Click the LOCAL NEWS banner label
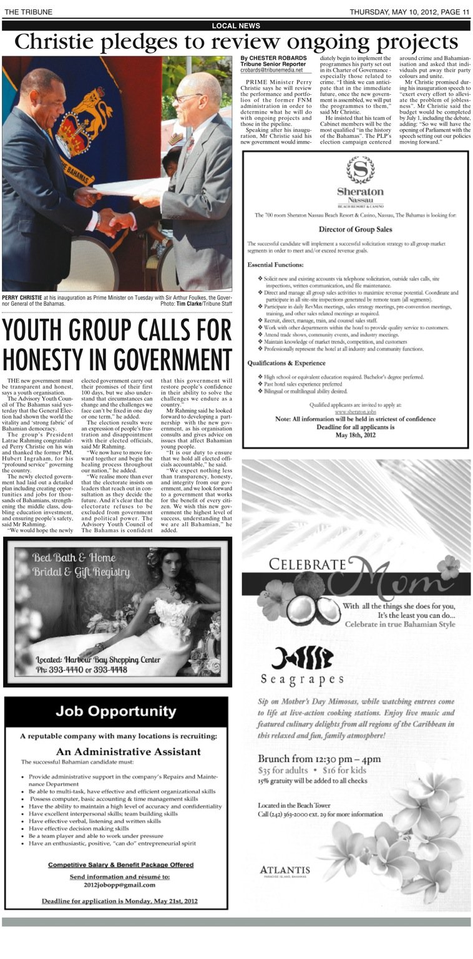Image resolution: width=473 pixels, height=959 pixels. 236,26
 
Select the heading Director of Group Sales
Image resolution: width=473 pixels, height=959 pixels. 355,228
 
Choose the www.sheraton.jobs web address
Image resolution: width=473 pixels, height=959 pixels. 355,412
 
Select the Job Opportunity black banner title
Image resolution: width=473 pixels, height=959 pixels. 115,711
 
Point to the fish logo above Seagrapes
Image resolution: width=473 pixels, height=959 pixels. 302,658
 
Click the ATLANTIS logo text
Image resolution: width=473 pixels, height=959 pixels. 285,870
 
